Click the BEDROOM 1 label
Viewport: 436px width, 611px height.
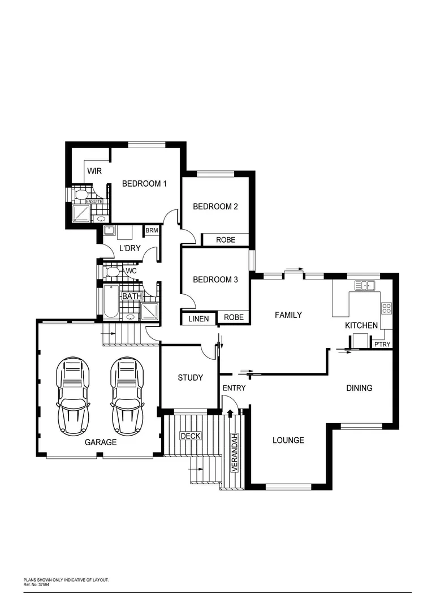145,183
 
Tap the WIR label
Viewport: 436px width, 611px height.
94,171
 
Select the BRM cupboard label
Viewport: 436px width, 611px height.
152,230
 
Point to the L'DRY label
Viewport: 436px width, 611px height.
129,248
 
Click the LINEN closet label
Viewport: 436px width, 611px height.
198,319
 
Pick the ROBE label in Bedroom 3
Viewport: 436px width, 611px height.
234,317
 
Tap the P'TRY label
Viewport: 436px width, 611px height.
382,345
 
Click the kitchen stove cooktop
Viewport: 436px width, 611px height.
387,308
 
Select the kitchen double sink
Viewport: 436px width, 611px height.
368,286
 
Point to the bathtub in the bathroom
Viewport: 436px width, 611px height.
110,300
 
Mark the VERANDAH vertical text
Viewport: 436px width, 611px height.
232,453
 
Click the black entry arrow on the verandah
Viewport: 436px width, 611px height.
230,413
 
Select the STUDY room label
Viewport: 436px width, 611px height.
190,377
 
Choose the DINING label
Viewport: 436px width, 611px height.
359,388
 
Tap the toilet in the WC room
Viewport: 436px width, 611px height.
113,272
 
